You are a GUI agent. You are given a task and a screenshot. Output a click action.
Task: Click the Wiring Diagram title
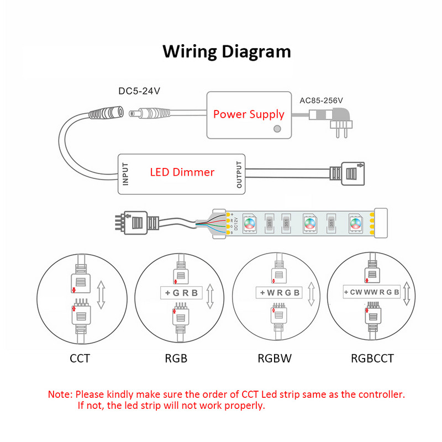(226, 51)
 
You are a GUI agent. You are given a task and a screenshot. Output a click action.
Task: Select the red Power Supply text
(249, 114)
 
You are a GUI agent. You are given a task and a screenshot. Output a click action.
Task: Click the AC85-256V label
(321, 101)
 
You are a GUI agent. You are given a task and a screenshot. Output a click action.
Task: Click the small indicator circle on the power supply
(277, 128)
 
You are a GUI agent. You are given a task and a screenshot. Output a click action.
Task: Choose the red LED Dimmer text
(182, 172)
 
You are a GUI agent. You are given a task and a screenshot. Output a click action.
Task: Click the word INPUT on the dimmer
(125, 173)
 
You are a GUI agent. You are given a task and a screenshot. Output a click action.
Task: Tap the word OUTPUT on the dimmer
(239, 173)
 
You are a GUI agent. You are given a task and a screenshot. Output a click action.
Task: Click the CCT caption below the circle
(80, 358)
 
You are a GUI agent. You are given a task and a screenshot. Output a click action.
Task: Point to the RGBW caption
(275, 358)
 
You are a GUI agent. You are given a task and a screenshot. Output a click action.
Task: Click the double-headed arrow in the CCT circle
(101, 293)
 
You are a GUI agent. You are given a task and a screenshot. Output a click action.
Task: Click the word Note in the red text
(60, 394)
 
